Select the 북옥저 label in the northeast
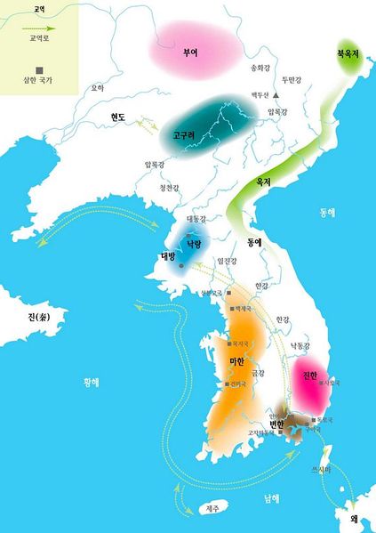pos(348,52)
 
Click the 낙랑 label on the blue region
pos(194,242)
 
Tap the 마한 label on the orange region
pos(237,361)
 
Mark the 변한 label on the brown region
pos(276,425)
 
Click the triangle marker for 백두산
pos(276,94)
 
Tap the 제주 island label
pos(211,508)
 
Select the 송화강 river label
pos(259,67)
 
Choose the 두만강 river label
pos(293,79)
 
